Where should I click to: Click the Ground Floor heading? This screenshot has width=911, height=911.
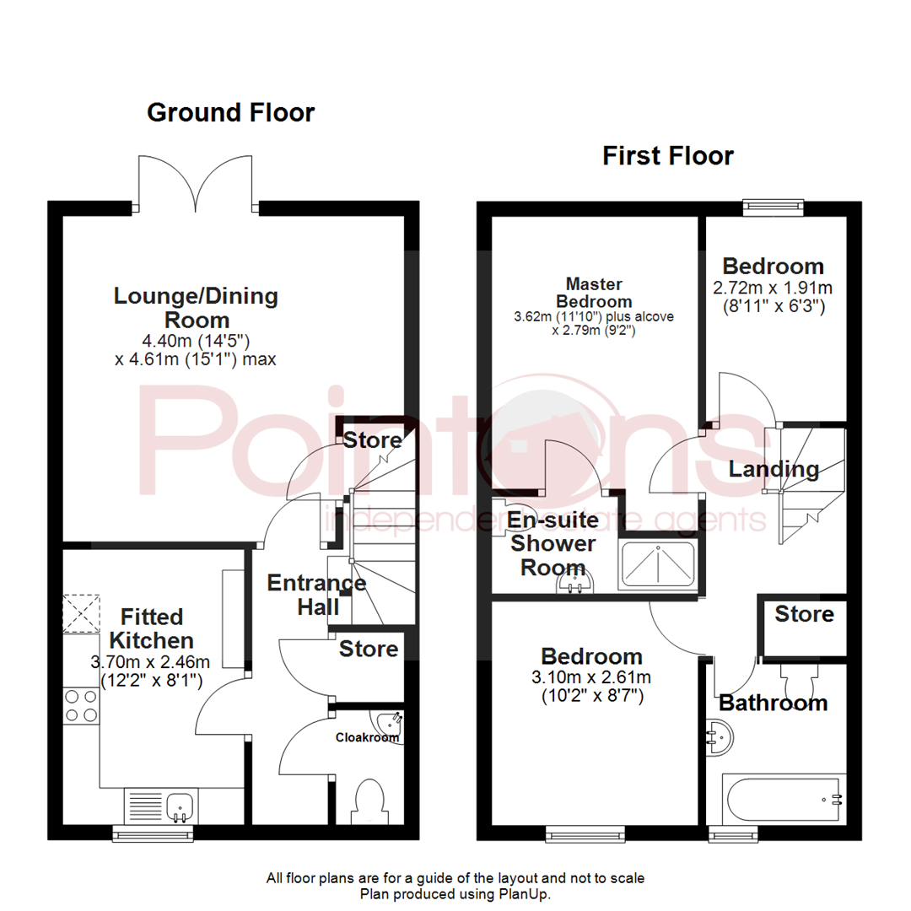point(230,112)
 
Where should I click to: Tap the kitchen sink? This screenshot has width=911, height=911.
point(179,806)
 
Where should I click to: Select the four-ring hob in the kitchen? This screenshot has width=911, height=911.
point(80,706)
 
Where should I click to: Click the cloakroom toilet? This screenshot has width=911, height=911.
point(371,800)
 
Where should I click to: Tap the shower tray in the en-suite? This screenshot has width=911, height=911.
point(658,566)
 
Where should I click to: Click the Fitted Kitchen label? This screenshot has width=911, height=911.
point(151,628)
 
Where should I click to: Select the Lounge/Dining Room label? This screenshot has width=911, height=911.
point(196,308)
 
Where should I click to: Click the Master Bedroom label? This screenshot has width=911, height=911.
point(599,293)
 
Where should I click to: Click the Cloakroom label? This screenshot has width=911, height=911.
point(366,737)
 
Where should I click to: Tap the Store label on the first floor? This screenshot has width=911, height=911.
point(804,614)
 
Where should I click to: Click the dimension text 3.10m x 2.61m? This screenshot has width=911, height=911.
point(591,677)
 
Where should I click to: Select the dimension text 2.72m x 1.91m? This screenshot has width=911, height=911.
point(772,288)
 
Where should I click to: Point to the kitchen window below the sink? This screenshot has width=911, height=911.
point(154,834)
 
